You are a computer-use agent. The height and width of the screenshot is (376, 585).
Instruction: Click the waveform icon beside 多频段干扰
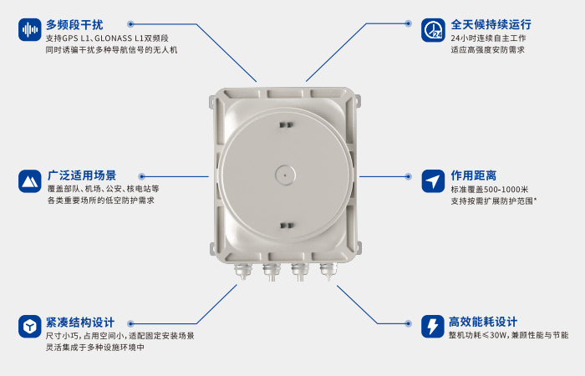(30, 30)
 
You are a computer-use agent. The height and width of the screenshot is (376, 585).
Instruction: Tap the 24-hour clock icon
(433, 30)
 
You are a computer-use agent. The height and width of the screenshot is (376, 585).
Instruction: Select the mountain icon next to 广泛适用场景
(30, 181)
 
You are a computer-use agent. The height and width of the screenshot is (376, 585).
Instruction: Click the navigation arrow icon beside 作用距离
(433, 181)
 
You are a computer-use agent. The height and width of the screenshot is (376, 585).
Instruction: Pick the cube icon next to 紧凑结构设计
(30, 326)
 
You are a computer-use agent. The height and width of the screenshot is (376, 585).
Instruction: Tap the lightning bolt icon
(433, 326)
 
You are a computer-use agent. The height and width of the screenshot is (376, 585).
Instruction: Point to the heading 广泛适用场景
(82, 175)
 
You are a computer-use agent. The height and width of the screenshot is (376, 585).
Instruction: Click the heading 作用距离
(474, 175)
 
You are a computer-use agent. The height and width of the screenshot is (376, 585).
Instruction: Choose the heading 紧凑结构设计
(80, 322)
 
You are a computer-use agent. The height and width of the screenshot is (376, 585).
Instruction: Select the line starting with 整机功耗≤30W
(508, 335)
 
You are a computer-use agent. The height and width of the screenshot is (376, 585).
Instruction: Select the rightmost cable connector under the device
(326, 271)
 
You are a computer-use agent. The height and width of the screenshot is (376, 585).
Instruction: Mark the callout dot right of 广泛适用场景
(141, 176)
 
